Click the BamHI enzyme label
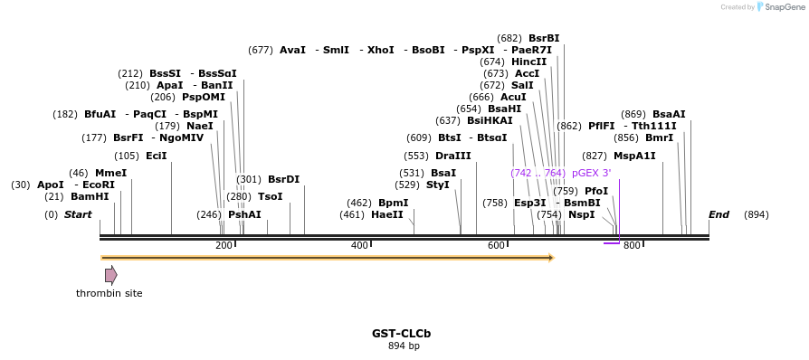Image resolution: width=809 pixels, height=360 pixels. [x=90, y=196]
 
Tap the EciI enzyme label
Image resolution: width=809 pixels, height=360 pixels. [x=156, y=156]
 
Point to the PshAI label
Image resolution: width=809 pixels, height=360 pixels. [x=244, y=214]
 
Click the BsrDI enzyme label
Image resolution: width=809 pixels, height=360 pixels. [x=283, y=179]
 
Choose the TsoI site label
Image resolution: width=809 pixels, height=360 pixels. [x=270, y=196]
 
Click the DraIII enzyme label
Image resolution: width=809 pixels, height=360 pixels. [x=452, y=156]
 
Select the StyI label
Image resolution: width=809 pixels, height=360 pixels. [x=437, y=185]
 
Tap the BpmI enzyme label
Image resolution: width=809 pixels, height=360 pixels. [x=393, y=203]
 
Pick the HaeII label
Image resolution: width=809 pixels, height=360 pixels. [x=386, y=214]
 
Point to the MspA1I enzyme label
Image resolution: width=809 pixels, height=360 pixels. [x=634, y=156]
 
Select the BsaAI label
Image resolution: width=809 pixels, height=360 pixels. [x=669, y=114]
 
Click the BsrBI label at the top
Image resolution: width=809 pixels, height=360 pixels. [x=544, y=38]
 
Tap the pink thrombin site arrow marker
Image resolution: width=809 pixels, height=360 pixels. [x=110, y=275]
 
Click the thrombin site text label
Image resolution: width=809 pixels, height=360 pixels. [x=109, y=293]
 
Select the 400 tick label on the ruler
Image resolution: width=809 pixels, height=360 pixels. [x=359, y=246]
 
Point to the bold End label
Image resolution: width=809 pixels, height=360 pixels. [x=719, y=214]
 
